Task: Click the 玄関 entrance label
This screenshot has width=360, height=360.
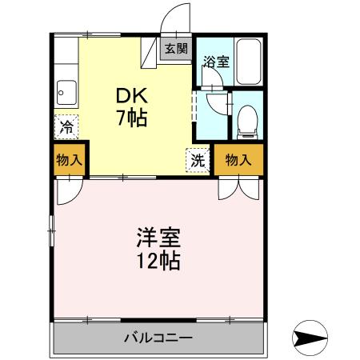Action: pyautogui.click(x=177, y=49)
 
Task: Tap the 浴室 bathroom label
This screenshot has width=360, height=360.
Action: pyautogui.click(x=214, y=61)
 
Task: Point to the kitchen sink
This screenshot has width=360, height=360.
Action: pyautogui.click(x=66, y=91)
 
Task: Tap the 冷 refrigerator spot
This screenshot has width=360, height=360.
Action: pyautogui.click(x=68, y=126)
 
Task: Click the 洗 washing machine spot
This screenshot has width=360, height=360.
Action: pyautogui.click(x=198, y=158)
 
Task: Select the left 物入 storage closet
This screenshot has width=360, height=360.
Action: pyautogui.click(x=69, y=160)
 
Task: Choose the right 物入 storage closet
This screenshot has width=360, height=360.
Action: pyautogui.click(x=238, y=160)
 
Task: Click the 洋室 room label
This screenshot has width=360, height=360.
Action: pyautogui.click(x=158, y=238)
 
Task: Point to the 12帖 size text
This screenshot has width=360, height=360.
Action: pyautogui.click(x=158, y=261)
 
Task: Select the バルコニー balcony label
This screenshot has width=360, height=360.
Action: pyautogui.click(x=158, y=338)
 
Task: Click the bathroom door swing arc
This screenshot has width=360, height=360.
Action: pyautogui.click(x=214, y=102)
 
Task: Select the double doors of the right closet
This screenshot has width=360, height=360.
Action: pyautogui.click(x=238, y=186)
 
